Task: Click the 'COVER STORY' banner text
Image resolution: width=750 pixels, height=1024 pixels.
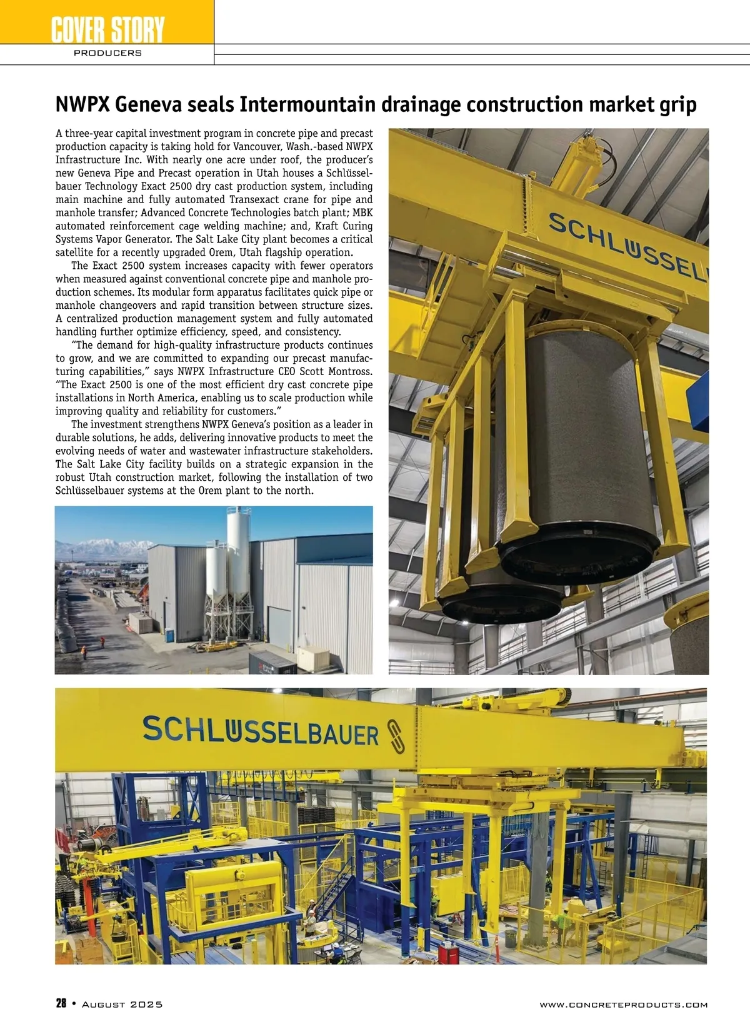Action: pyautogui.click(x=107, y=29)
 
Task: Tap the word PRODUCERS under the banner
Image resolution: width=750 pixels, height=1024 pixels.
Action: pyautogui.click(x=107, y=53)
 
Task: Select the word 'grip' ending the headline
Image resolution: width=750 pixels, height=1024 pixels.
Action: pyautogui.click(x=679, y=104)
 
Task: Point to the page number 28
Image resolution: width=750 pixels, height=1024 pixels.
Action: pyautogui.click(x=61, y=1004)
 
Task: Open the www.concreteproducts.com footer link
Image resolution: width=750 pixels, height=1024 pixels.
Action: pyautogui.click(x=623, y=1005)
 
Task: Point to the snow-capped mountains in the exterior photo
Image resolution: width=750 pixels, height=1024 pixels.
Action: pyautogui.click(x=100, y=548)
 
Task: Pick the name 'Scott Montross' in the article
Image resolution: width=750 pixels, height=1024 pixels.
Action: pyautogui.click(x=339, y=371)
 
